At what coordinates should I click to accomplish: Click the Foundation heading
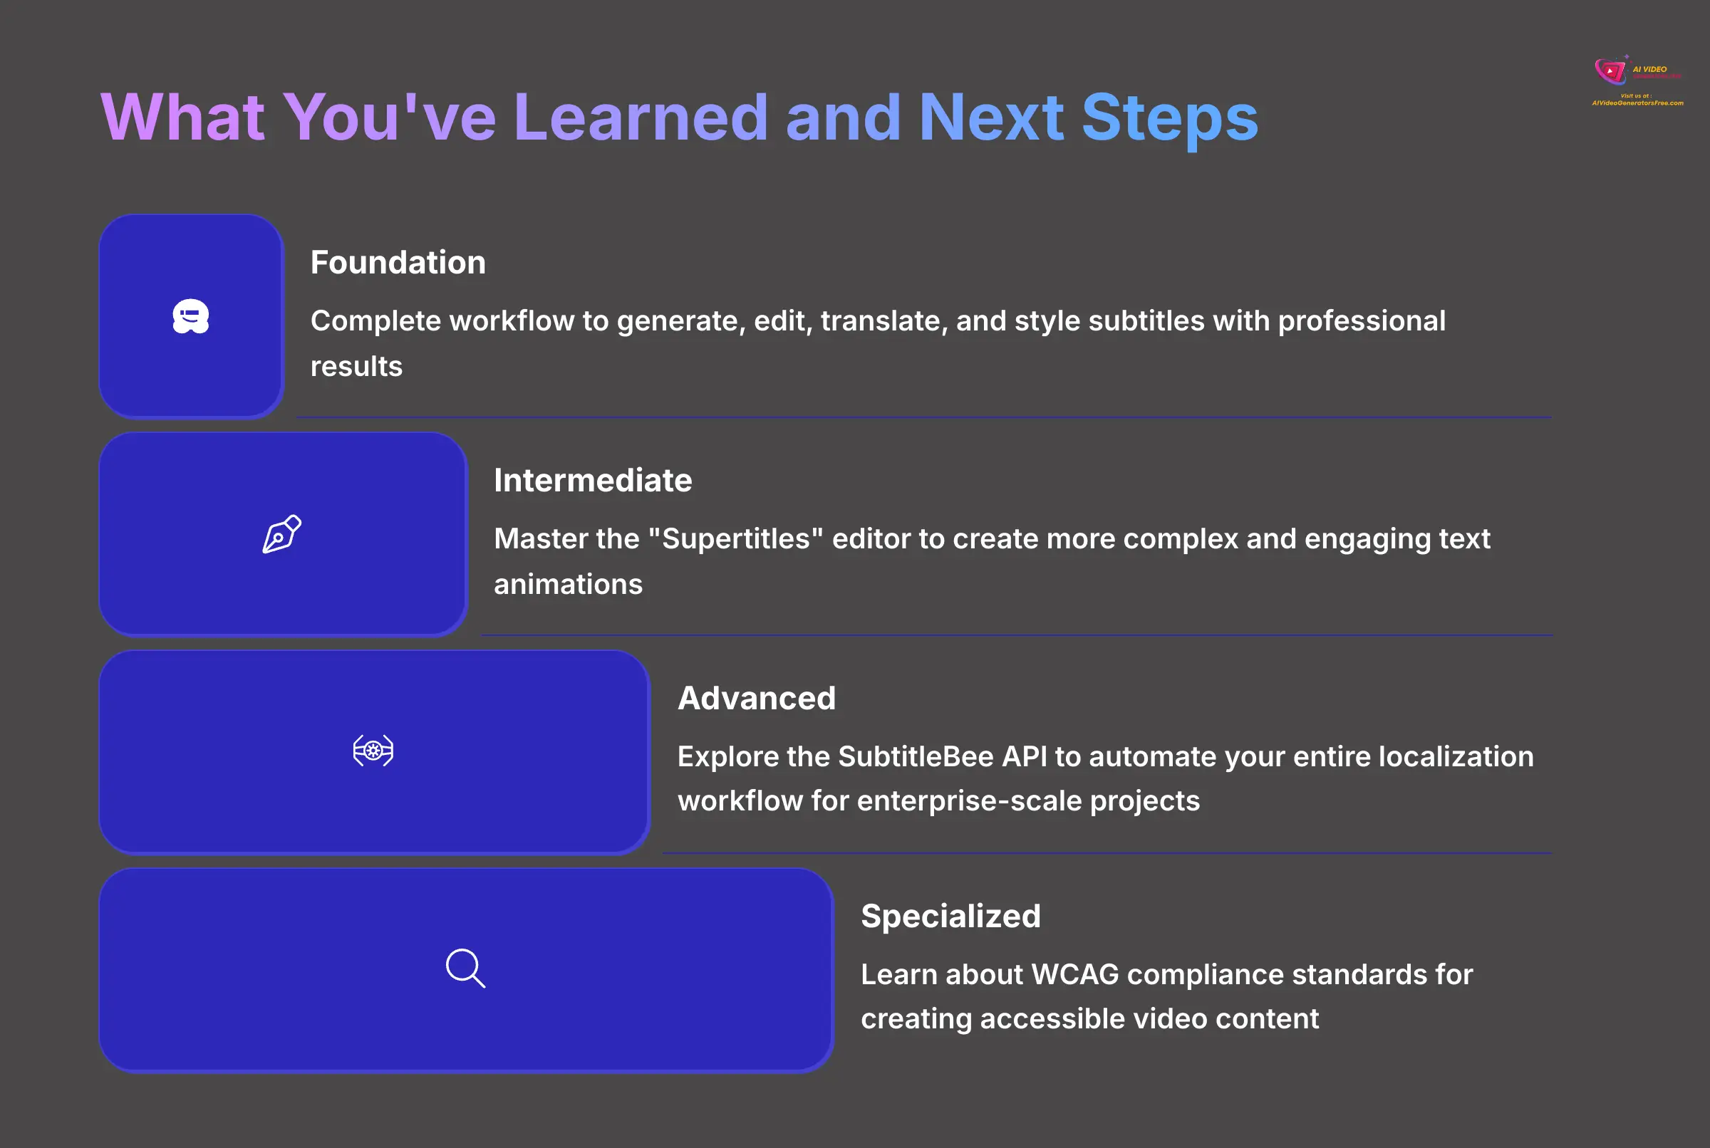398,262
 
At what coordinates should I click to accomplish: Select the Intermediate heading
593,480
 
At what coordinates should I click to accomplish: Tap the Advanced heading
757,698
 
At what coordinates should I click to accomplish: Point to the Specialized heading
950,916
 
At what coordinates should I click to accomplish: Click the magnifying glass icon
465,968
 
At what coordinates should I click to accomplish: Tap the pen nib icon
282,533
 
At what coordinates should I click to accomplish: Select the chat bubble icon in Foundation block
190,316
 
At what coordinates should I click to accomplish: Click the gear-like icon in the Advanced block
373,751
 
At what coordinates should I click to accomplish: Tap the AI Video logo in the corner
1636,80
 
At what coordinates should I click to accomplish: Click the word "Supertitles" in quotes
736,539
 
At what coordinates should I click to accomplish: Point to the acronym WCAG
1074,974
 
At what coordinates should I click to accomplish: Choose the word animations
568,584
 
